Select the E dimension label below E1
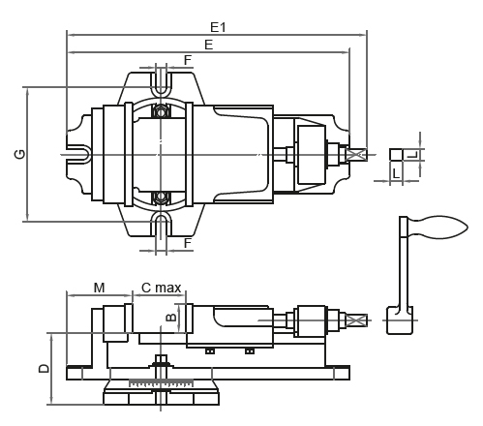pyautogui.click(x=208, y=45)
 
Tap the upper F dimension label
pyautogui.click(x=187, y=60)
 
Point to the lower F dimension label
pyautogui.click(x=187, y=243)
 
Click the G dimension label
pyautogui.click(x=19, y=154)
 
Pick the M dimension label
pyautogui.click(x=100, y=288)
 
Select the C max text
pyautogui.click(x=161, y=288)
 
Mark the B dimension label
pyautogui.click(x=169, y=317)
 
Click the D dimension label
pyautogui.click(x=44, y=368)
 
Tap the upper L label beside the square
pyautogui.click(x=411, y=154)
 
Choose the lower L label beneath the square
pyautogui.click(x=396, y=173)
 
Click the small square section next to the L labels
pyautogui.click(x=396, y=154)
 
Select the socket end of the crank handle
pyautogui.click(x=400, y=319)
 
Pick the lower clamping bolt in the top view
pyautogui.click(x=161, y=197)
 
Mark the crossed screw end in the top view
pyautogui.click(x=357, y=154)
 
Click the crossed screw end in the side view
pyautogui.click(x=357, y=319)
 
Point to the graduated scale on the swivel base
pyautogui.click(x=160, y=385)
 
